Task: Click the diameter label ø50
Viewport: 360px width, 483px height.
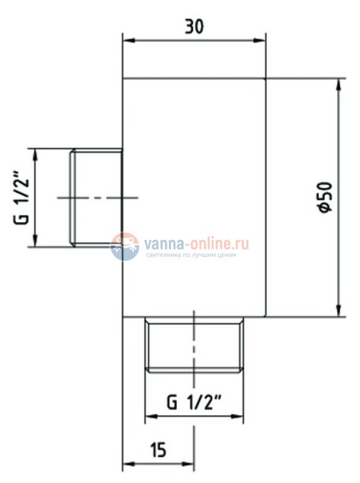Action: [x=323, y=198]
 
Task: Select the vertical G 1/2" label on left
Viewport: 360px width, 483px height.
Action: [x=22, y=198]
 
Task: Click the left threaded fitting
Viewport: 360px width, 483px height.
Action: [x=96, y=197]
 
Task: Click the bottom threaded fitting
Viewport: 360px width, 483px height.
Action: [x=195, y=345]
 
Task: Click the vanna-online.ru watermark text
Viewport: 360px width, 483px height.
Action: [x=197, y=242]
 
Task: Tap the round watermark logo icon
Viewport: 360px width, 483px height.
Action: [x=125, y=247]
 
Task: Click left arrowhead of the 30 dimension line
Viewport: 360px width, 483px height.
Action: [x=127, y=42]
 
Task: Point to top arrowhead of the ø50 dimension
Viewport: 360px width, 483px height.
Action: [x=338, y=82]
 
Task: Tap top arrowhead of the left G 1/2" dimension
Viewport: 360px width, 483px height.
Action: [x=34, y=153]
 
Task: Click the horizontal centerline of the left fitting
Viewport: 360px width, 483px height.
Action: [x=97, y=197]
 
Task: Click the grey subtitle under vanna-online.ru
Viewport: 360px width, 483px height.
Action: [x=192, y=256]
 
